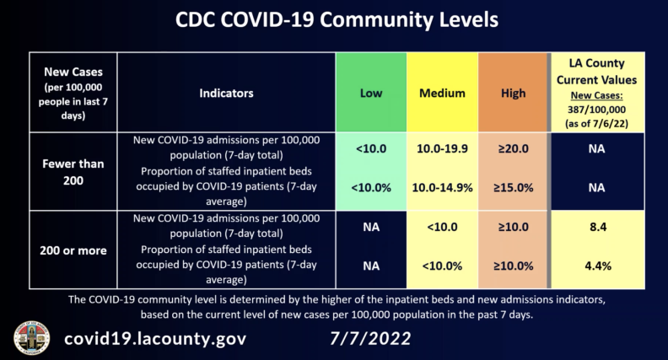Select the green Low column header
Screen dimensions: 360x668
[x=370, y=93]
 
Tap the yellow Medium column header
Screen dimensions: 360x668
[x=442, y=93]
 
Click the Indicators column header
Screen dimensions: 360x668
[x=226, y=93]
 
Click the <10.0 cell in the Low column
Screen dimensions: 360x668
[x=370, y=148]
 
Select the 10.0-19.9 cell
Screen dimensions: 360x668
[x=442, y=148]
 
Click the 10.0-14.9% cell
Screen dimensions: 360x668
[x=442, y=188]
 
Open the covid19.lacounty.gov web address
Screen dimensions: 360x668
[x=156, y=339]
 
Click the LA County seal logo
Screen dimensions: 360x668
[x=31, y=337]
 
